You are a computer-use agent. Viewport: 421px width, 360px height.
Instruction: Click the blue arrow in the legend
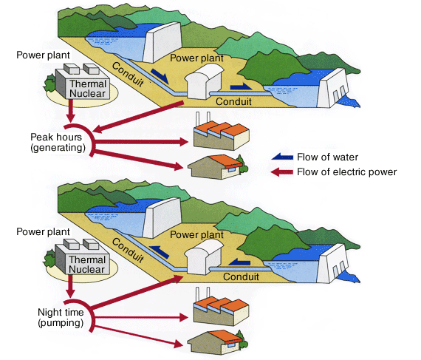pos(282,157)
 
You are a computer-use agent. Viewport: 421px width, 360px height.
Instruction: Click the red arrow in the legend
pos(281,172)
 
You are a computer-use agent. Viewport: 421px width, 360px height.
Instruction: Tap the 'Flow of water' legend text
pos(327,157)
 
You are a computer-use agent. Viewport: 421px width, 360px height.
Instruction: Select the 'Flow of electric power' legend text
pos(347,172)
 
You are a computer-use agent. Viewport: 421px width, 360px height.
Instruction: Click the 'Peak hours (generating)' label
pos(57,143)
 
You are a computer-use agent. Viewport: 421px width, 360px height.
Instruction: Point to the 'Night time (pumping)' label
pos(61,318)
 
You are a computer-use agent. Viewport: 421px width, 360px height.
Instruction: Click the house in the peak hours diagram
pos(217,167)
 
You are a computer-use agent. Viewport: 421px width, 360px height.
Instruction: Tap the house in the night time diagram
pos(217,342)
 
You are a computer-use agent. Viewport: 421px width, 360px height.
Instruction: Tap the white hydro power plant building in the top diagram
pos(204,82)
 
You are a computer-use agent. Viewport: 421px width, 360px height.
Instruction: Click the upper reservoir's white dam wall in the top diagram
pos(162,42)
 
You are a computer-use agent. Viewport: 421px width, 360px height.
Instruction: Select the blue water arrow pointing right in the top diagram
pos(241,86)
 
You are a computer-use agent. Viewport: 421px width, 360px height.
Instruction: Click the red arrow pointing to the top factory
pos(140,142)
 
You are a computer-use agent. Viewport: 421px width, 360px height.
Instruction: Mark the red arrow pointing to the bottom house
pos(138,335)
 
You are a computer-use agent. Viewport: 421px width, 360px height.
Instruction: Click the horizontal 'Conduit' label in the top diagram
pos(233,101)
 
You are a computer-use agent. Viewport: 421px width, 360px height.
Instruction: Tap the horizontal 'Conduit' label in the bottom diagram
pos(241,276)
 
